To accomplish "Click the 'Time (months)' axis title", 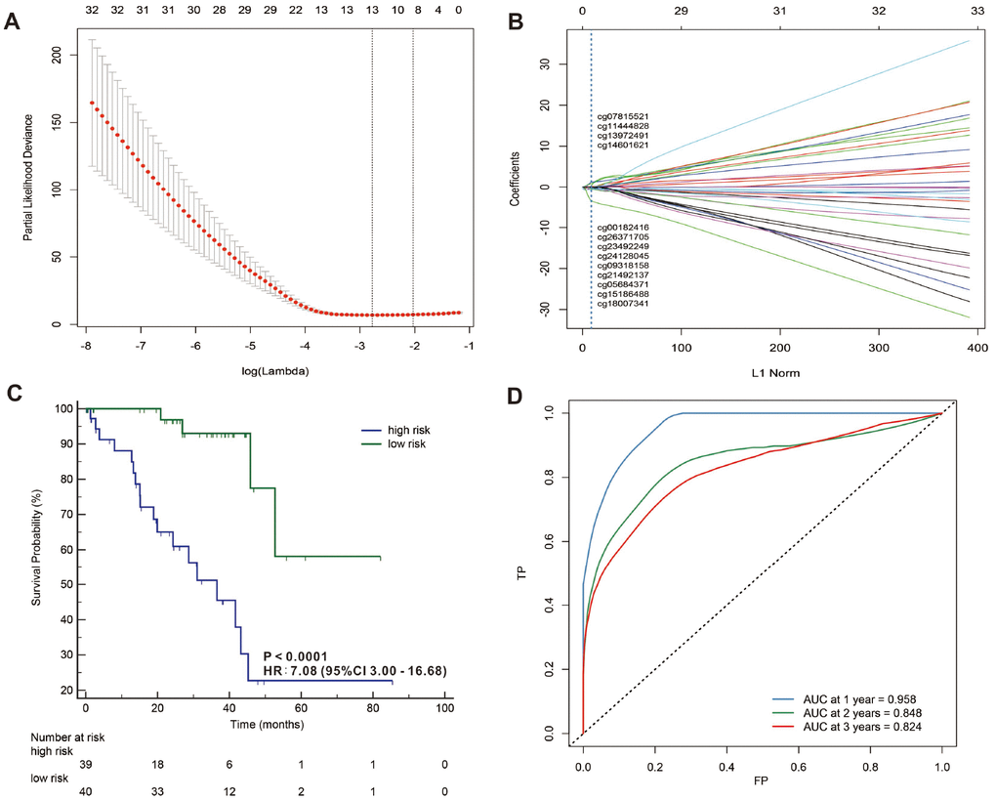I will coord(265,725).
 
